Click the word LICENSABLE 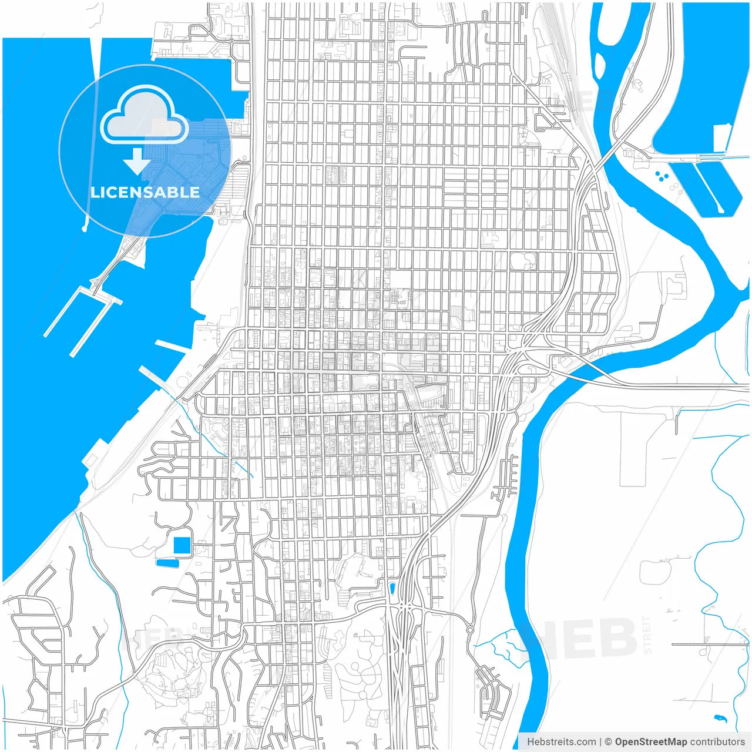click(145, 192)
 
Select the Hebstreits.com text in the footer click(562, 741)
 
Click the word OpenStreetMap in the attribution click(651, 741)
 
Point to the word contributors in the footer click(717, 741)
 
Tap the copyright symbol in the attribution click(609, 741)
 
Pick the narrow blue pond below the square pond click(167, 563)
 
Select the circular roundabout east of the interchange click(470, 630)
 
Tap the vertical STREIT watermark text click(647, 634)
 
